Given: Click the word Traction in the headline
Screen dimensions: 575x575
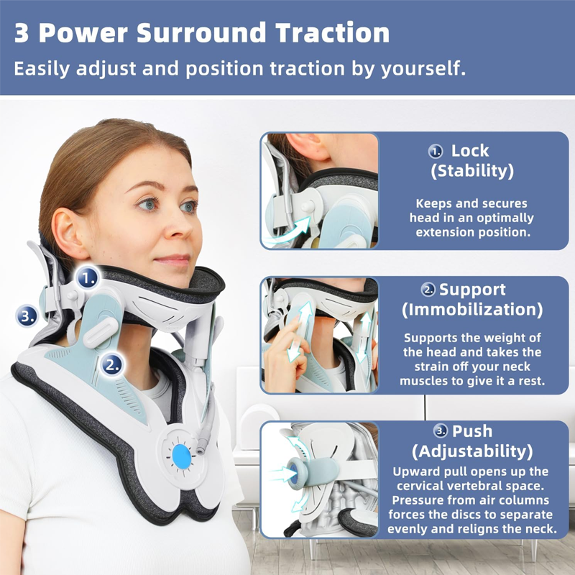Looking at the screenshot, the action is pos(332,33).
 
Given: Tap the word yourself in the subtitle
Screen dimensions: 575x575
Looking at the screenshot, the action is pos(423,68).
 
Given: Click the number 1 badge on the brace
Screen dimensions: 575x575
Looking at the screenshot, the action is pos(88,277).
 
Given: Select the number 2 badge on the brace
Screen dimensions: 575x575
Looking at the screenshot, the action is pos(112,364).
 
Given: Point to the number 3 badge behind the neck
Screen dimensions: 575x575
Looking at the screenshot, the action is pos(27,316).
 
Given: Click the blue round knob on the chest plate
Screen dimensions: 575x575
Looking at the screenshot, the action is pos(182,456).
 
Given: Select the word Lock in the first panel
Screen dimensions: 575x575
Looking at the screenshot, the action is pos(470,151).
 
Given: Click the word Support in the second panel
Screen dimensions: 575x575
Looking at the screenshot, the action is pos(472,290).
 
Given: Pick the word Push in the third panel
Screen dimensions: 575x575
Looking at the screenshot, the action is pos(472,431).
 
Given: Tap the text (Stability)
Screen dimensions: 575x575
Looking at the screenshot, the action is pos(472,171).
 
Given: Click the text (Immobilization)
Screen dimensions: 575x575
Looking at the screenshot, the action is pos(472,310).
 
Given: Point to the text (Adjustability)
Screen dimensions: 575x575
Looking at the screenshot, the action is pos(472,451).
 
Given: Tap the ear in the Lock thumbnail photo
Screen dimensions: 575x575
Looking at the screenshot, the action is pos(309,146).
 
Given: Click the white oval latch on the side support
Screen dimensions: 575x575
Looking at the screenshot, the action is pos(100,333).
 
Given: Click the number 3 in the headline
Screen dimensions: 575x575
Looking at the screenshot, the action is pos(22,33).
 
